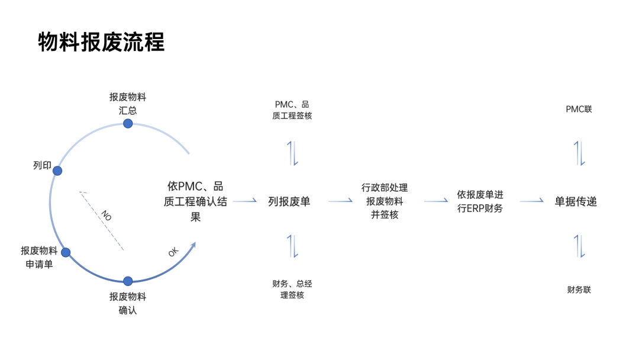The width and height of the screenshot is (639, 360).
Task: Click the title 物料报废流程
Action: [101, 43]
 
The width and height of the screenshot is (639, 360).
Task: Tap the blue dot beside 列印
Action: [57, 171]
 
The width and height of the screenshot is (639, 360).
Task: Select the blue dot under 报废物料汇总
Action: [128, 123]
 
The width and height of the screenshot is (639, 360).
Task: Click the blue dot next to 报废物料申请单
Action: [66, 252]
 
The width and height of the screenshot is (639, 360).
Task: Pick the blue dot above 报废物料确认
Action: [128, 281]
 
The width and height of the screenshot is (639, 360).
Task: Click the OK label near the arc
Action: [173, 252]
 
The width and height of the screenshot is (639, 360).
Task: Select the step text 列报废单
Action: [289, 201]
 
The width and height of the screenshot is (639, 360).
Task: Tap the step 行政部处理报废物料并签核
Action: [385, 201]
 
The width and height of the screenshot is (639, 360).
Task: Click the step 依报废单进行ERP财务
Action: [480, 201]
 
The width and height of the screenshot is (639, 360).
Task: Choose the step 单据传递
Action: [576, 201]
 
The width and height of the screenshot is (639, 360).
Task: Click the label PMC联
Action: [579, 109]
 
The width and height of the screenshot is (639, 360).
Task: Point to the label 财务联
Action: [579, 290]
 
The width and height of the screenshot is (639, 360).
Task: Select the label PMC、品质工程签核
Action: [292, 110]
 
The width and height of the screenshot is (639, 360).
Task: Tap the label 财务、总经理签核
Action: [292, 289]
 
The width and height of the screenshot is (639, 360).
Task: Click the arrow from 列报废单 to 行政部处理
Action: [341, 201]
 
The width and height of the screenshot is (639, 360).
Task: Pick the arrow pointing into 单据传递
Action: [532, 201]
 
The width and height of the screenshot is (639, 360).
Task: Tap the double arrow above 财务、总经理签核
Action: [293, 246]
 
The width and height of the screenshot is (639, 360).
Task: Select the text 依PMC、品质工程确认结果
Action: [195, 201]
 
